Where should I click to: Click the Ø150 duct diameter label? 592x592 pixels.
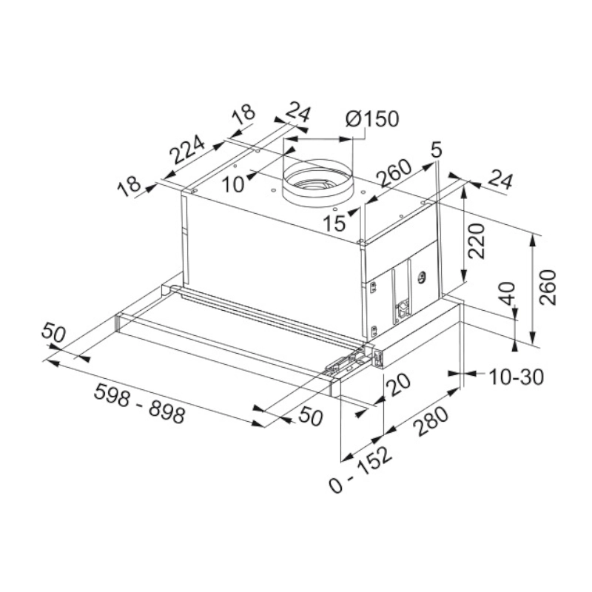(372, 119)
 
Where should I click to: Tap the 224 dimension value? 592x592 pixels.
(186, 152)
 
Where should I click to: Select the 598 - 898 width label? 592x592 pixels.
(139, 405)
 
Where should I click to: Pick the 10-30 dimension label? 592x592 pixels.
(517, 377)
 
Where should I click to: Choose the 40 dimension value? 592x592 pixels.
(507, 294)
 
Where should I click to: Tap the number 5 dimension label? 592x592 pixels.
(437, 150)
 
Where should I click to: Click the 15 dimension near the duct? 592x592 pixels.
(335, 223)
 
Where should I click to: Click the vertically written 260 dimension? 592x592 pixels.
(548, 288)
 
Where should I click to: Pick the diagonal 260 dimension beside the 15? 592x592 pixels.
(393, 174)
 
